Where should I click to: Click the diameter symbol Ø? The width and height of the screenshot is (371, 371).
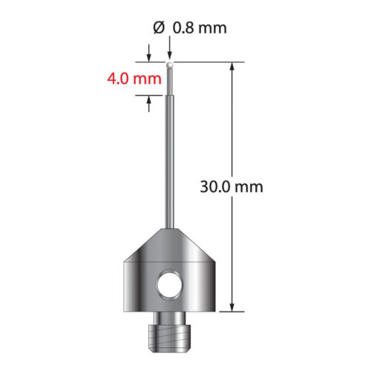pyautogui.click(x=157, y=29)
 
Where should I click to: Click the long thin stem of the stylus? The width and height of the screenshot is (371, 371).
pyautogui.click(x=171, y=163)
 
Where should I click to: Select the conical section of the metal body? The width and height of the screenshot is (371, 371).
pyautogui.click(x=171, y=245)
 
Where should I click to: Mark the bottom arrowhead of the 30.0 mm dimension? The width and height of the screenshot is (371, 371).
pyautogui.click(x=233, y=306)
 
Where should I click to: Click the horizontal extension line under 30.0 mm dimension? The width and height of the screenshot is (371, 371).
pyautogui.click(x=230, y=312)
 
